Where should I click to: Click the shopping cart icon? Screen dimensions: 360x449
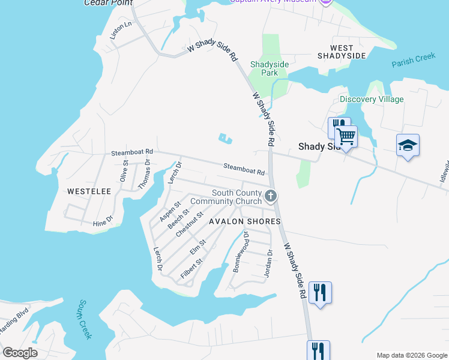pyautogui.click(x=346, y=136)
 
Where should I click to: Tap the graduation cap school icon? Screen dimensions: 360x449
pyautogui.click(x=408, y=145)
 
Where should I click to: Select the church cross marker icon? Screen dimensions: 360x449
pyautogui.click(x=271, y=196)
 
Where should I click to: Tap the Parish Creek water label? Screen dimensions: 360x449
pyautogui.click(x=413, y=61)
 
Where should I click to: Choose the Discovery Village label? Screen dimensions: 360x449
pyautogui.click(x=372, y=99)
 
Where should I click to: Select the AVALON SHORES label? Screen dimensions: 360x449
pyautogui.click(x=244, y=221)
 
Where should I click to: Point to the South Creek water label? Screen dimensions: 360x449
pyautogui.click(x=85, y=319)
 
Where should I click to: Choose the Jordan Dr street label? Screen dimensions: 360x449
pyautogui.click(x=268, y=263)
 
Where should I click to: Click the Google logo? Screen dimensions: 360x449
pyautogui.click(x=20, y=352)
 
